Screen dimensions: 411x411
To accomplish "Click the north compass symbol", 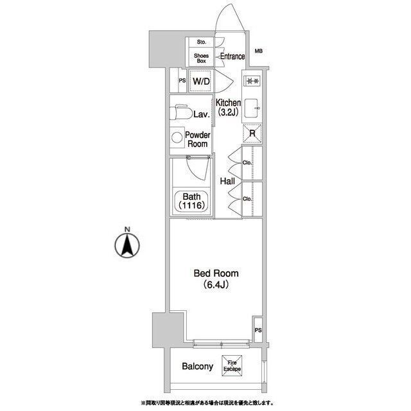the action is point(127,245).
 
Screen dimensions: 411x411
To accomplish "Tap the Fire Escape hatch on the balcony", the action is point(232,365).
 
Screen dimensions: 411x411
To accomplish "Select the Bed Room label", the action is point(216,274).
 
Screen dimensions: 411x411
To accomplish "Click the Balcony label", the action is point(197,366).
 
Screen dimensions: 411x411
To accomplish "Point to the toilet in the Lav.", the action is point(180,112).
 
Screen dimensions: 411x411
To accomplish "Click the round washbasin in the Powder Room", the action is point(177,137).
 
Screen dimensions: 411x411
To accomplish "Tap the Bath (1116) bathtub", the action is point(191,201).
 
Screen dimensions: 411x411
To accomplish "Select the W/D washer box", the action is point(201,82).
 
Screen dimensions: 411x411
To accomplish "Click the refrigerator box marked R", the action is point(252,133).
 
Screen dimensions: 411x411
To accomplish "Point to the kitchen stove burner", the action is point(252,81).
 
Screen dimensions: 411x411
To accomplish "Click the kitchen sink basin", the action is point(252,108).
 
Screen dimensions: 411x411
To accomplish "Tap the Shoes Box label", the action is point(201,58).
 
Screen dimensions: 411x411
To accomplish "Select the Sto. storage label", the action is point(202,42).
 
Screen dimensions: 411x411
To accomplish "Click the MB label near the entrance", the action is point(259,51).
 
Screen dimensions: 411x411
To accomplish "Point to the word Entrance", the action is point(232,57).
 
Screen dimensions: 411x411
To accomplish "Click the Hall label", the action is point(227,181).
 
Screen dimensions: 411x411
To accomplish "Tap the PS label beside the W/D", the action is point(182,81).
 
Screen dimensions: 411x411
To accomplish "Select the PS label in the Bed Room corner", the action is point(258,330).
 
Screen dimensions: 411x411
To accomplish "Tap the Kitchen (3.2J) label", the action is point(228,107).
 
